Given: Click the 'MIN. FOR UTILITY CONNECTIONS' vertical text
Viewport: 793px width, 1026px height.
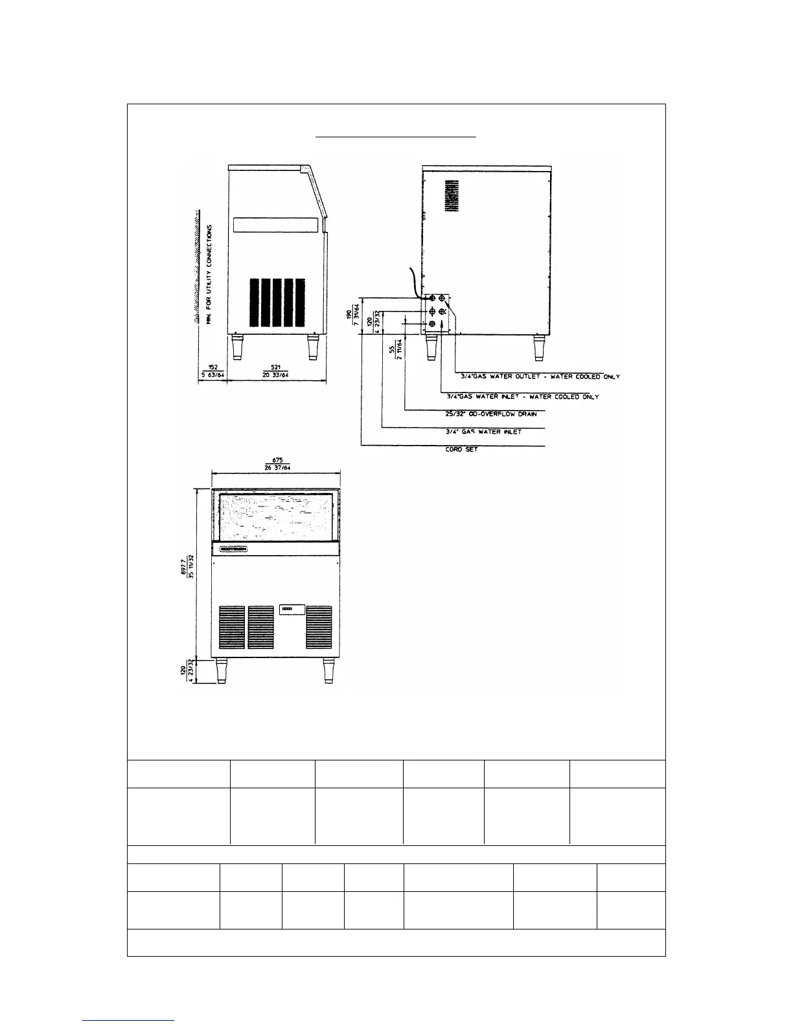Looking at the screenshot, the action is point(210,267).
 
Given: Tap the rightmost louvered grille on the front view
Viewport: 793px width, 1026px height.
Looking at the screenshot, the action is point(319,627).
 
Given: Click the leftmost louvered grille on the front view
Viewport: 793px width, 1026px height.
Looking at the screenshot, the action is point(231,627).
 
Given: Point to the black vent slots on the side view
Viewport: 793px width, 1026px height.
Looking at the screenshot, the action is point(277,302).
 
